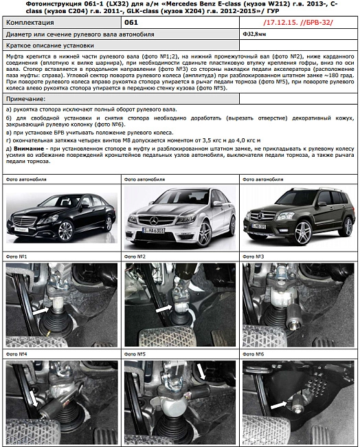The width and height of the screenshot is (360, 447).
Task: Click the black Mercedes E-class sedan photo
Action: (x=60, y=215)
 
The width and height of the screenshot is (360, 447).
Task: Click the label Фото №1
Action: (x=16, y=257)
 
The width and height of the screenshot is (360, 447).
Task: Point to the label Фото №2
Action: (x=136, y=257)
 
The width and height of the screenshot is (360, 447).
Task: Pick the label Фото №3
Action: (x=255, y=257)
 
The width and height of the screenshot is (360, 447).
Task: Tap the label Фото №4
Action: (x=16, y=355)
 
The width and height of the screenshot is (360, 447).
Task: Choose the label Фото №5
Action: (x=136, y=355)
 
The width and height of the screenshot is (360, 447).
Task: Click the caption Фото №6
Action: (x=255, y=355)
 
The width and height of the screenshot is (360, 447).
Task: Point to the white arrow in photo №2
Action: (x=163, y=309)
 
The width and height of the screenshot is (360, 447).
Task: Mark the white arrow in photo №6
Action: (x=278, y=406)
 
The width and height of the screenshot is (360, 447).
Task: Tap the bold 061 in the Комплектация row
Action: (x=132, y=23)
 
